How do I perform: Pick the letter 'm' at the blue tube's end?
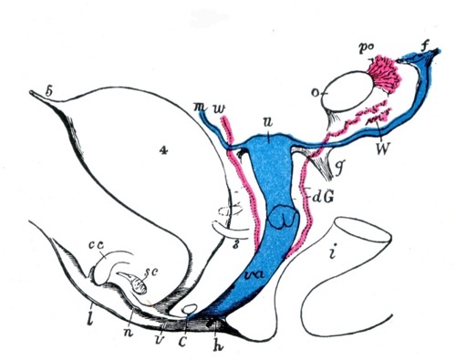(196, 111)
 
